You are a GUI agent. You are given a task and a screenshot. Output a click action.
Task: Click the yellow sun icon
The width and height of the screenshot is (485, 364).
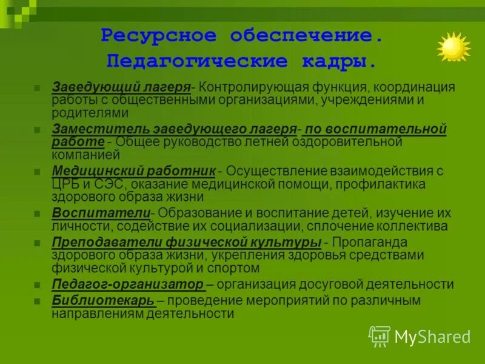pyautogui.click(x=453, y=47)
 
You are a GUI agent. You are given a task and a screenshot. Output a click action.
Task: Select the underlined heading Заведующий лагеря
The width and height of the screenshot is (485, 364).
pyautogui.click(x=121, y=87)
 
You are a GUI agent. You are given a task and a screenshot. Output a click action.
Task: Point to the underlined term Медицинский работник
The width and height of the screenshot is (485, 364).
pyautogui.click(x=134, y=171)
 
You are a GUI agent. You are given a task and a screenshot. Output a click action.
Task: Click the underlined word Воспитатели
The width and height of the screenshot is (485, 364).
pyautogui.click(x=101, y=213)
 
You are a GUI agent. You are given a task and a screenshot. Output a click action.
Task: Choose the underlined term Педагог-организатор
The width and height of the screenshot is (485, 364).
pyautogui.click(x=128, y=284)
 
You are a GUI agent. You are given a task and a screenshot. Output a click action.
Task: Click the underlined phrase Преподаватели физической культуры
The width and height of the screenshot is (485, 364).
pyautogui.click(x=186, y=242)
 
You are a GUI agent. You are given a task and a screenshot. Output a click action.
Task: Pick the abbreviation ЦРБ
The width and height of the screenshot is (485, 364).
pyautogui.click(x=65, y=184)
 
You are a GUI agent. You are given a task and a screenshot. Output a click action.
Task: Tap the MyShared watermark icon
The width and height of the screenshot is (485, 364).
pyautogui.click(x=380, y=336)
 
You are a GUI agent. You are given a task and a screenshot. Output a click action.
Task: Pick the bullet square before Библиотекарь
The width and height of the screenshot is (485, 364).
pyautogui.click(x=38, y=301)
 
